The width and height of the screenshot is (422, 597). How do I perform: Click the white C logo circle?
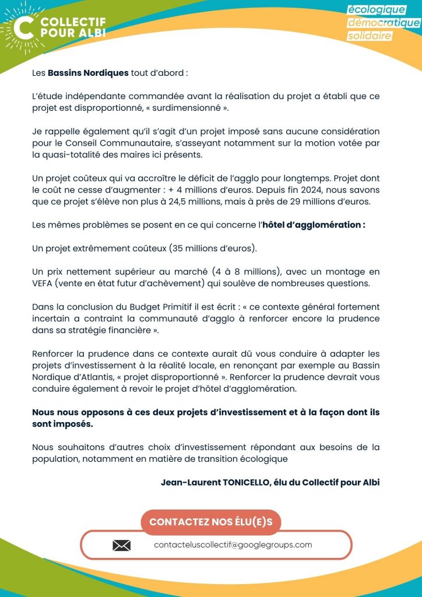[x=23, y=27]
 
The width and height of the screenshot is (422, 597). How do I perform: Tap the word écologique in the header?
[x=376, y=10]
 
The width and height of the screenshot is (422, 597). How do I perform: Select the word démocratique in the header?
[x=384, y=23]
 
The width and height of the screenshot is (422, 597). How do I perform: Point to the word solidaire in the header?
[x=370, y=36]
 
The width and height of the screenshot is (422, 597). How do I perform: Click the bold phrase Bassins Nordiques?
[x=88, y=73]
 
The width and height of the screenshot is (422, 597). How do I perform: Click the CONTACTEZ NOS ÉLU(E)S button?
[x=210, y=522]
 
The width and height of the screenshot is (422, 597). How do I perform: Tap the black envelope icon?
[x=121, y=546]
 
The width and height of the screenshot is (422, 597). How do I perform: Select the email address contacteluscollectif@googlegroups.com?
[x=233, y=545]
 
